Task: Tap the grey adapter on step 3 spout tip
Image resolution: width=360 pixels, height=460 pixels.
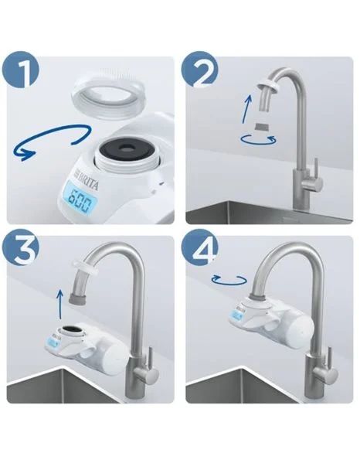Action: click(77, 295)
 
